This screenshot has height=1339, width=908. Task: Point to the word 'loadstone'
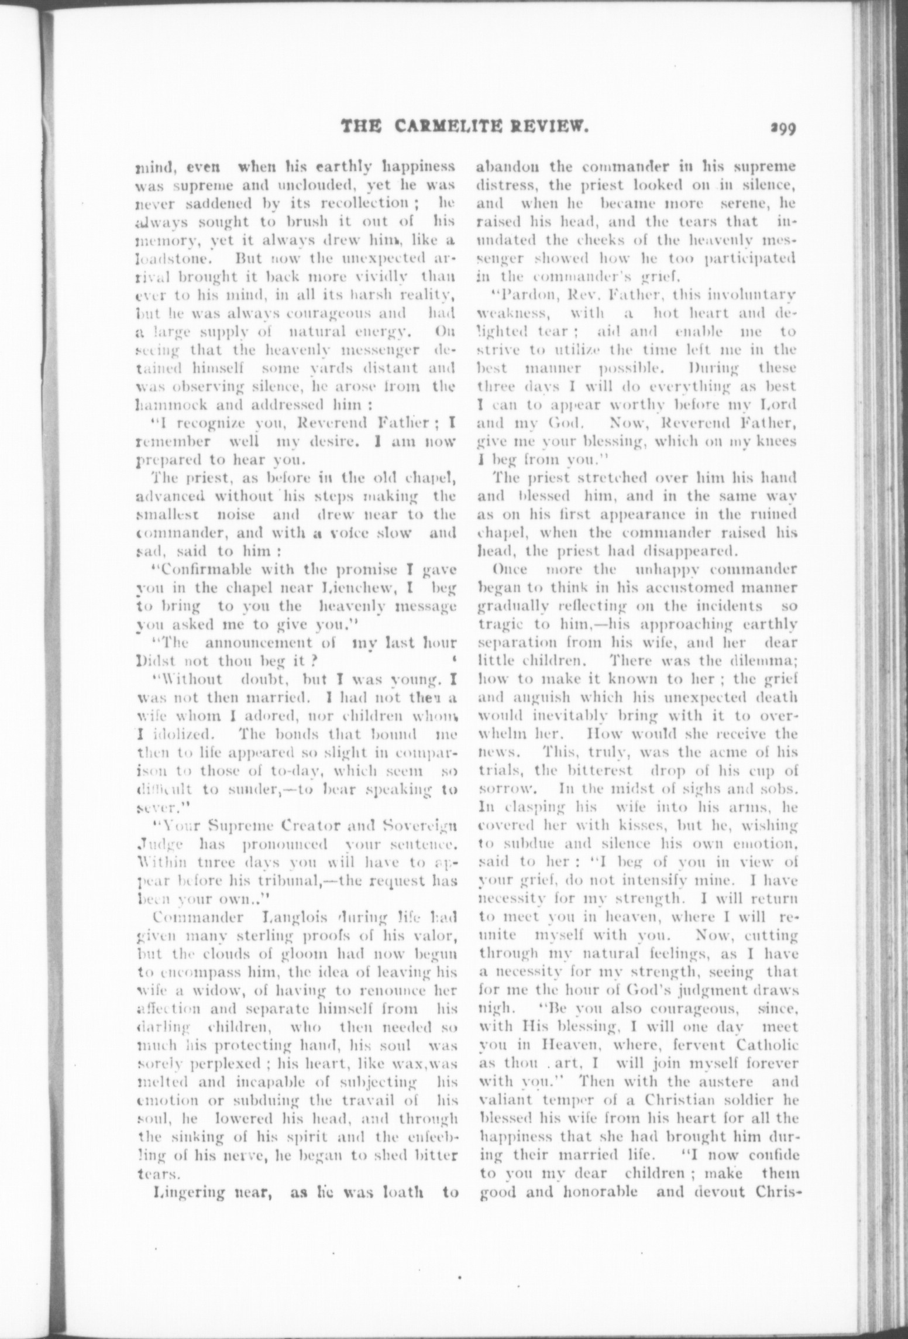[166, 258]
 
